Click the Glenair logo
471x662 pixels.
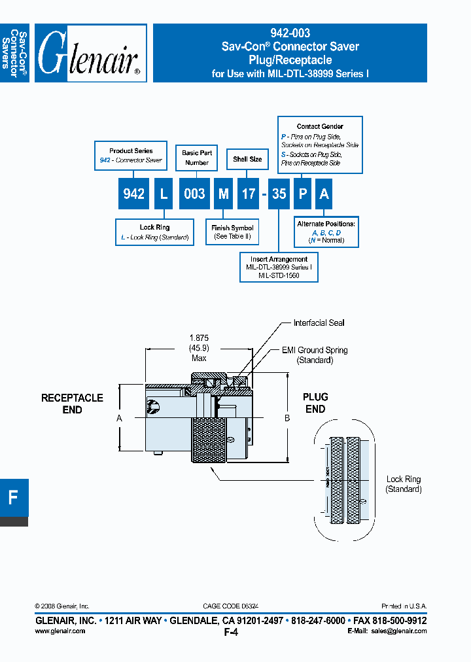pyautogui.click(x=90, y=54)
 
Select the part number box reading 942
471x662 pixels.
pyautogui.click(x=133, y=194)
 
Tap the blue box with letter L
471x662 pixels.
pyautogui.click(x=164, y=194)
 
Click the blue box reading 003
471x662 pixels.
pyautogui.click(x=194, y=194)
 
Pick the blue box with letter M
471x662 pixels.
pyautogui.click(x=224, y=194)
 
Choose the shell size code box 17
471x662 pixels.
pyautogui.click(x=249, y=194)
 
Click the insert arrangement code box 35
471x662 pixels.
pyautogui.click(x=279, y=194)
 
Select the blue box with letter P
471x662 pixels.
pyautogui.click(x=302, y=194)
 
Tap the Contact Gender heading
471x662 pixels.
pyautogui.click(x=320, y=126)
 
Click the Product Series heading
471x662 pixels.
pyautogui.click(x=131, y=150)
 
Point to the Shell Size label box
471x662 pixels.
pyautogui.click(x=247, y=159)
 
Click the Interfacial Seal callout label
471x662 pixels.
pyautogui.click(x=319, y=323)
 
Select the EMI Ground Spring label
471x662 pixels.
pyautogui.click(x=315, y=351)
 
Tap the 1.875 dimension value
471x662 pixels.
pyautogui.click(x=199, y=338)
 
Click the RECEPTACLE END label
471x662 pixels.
pyautogui.click(x=72, y=404)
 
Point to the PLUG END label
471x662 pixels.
pyautogui.click(x=315, y=403)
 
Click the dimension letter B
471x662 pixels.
pyautogui.click(x=287, y=417)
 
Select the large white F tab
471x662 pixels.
pyautogui.click(x=13, y=497)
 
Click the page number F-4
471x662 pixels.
pyautogui.click(x=230, y=633)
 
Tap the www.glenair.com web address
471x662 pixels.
pyautogui.click(x=60, y=631)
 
